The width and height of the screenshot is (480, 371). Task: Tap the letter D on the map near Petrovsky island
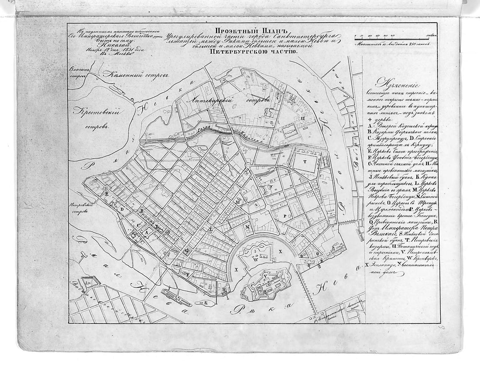coord(123,209)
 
